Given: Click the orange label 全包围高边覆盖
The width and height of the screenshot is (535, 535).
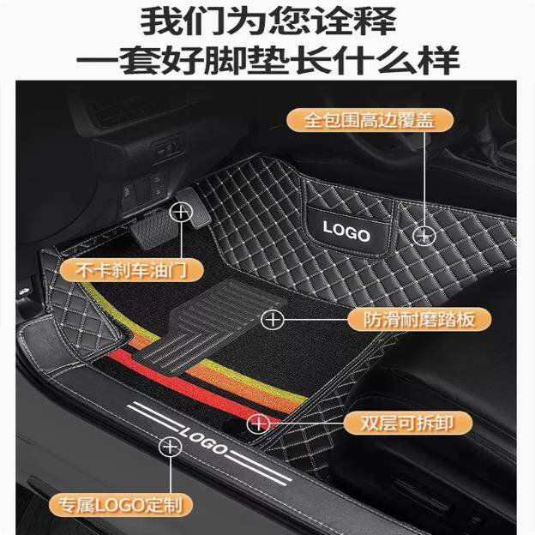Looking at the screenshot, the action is (x=370, y=120).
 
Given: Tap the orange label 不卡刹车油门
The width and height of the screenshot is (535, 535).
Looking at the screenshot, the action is (x=131, y=271).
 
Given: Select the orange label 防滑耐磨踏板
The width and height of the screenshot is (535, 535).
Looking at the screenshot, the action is (x=419, y=320).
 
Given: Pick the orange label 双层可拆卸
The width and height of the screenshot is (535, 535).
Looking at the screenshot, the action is (x=408, y=423).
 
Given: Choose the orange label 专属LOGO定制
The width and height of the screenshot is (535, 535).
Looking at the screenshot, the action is (x=121, y=505).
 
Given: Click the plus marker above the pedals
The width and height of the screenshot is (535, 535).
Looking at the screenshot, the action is (x=181, y=213).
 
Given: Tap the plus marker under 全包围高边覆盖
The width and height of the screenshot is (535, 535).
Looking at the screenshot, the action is (x=424, y=236).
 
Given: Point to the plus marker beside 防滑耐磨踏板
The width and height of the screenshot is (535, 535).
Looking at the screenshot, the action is (x=273, y=320).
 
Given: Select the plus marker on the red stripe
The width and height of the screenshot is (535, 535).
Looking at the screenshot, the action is (x=258, y=424).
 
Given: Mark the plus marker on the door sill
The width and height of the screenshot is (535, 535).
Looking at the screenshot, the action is (x=171, y=447).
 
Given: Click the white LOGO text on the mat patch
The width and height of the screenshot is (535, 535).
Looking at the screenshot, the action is (x=346, y=231).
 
